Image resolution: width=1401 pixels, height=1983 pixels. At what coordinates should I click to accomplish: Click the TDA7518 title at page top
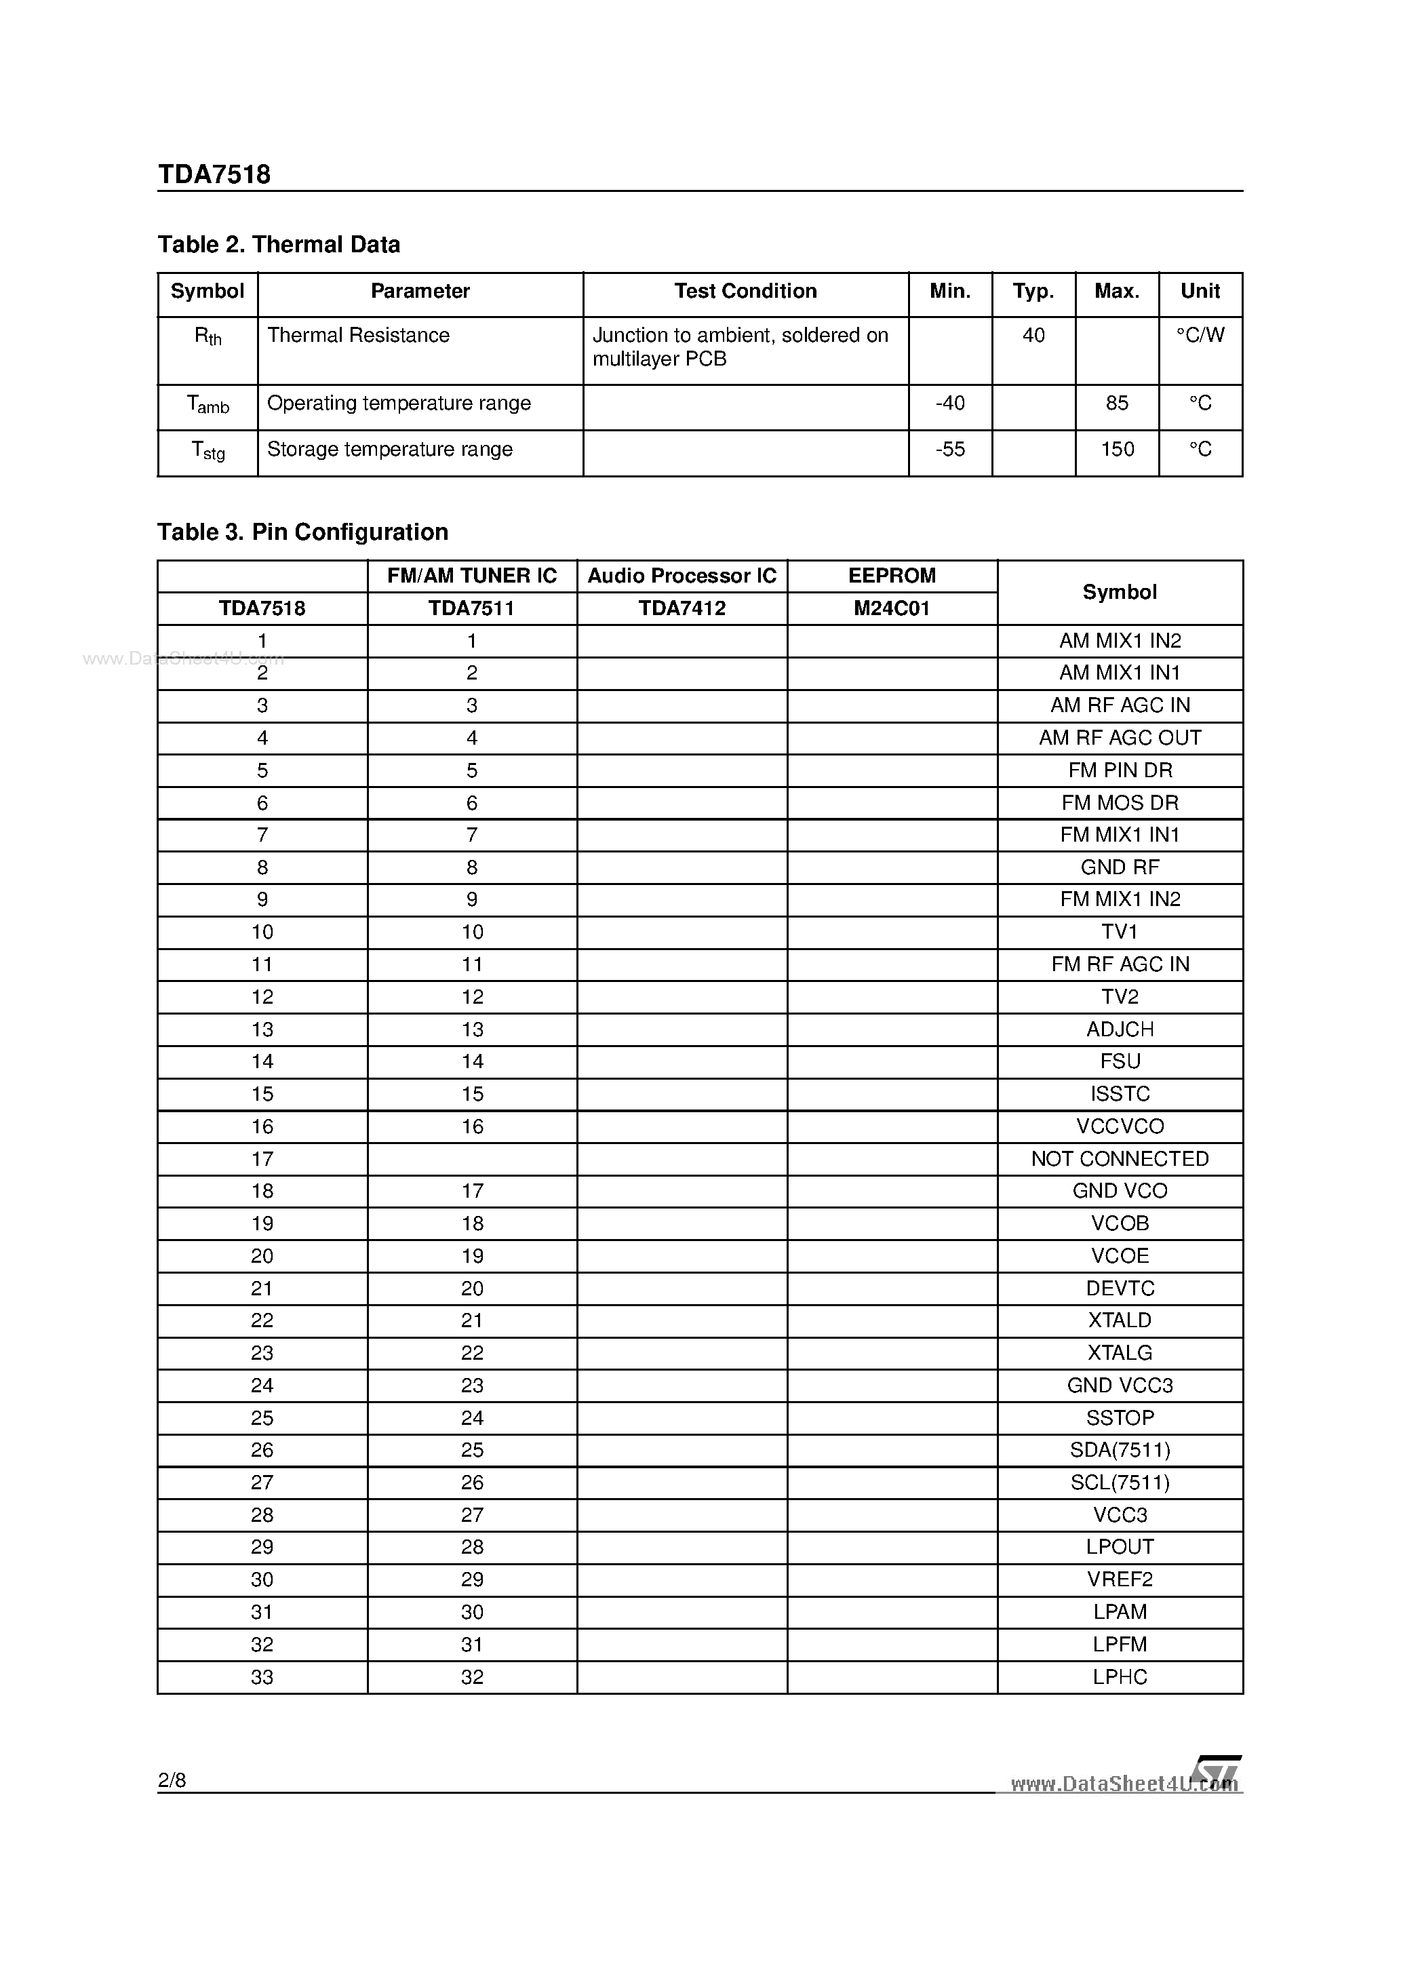214,174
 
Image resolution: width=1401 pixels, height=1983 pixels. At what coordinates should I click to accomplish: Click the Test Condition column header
745,291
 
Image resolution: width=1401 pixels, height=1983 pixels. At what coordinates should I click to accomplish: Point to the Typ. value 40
1033,335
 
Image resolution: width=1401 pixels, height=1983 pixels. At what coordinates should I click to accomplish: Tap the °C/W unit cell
1200,335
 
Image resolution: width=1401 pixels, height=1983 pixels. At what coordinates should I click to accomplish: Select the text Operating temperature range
398,404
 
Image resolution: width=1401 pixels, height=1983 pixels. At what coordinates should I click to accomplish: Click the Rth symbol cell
208,337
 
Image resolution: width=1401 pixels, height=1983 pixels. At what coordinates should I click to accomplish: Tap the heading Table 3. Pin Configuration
302,532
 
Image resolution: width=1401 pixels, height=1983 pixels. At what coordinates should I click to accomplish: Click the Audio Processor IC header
682,576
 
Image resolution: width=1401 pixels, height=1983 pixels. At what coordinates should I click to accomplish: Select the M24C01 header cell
891,608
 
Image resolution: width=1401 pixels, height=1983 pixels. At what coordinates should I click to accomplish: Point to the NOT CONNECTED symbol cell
1120,1159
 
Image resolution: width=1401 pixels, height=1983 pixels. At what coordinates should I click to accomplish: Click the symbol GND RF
1120,867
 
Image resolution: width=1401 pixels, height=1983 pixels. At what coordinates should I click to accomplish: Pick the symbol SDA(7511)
1120,1450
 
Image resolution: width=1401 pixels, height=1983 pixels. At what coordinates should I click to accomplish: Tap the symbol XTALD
1120,1320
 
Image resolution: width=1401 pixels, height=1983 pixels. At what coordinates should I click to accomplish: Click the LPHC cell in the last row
1120,1677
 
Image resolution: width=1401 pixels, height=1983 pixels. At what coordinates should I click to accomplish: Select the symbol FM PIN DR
1120,770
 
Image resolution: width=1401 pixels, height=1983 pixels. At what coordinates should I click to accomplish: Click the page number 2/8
172,1780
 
